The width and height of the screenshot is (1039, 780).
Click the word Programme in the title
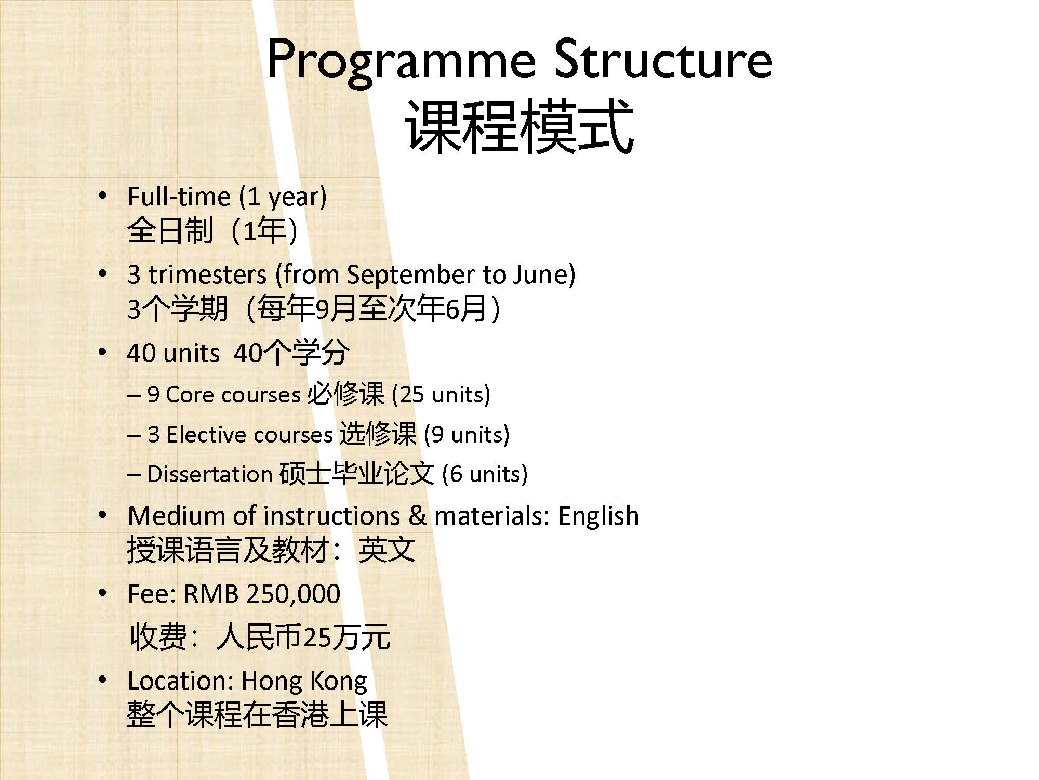[401, 61]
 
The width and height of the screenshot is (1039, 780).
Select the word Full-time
[179, 197]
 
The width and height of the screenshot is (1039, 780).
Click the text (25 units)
[441, 395]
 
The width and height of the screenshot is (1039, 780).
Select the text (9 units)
[467, 435]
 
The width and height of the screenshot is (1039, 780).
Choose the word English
[598, 516]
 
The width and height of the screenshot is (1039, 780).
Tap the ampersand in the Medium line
[417, 516]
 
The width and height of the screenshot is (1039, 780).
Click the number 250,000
[294, 594]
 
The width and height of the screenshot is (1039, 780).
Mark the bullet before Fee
[103, 593]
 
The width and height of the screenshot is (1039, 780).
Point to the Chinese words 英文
[387, 550]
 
